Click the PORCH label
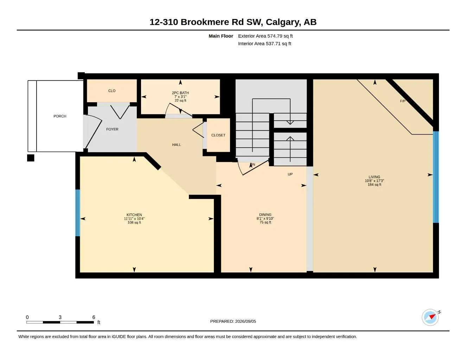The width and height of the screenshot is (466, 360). tap(60, 116)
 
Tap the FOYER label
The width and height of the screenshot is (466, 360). tap(112, 129)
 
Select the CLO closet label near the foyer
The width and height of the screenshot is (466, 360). tap(112, 91)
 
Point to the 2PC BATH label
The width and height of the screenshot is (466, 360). tap(180, 93)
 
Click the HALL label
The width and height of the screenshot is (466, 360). tap(177, 144)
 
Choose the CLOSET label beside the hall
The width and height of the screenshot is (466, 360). tap(218, 135)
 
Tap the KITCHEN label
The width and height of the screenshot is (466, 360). tap(134, 215)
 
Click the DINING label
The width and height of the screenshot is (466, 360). tap(265, 214)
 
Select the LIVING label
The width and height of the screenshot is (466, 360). tap(374, 177)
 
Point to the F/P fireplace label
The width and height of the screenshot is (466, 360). tap(403, 101)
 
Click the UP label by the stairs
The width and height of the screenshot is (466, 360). tap(290, 174)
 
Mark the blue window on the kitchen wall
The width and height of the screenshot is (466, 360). tap(78, 213)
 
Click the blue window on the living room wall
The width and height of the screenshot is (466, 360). tap(436, 177)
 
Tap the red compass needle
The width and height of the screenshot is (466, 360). tap(432, 316)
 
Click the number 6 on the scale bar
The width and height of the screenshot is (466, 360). tap(94, 317)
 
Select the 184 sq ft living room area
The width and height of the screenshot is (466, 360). tap(375, 185)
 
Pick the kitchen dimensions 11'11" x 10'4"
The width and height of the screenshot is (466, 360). tap(134, 219)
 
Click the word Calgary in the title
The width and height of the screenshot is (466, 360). tap(283, 22)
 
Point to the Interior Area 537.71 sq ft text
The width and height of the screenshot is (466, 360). tap(264, 44)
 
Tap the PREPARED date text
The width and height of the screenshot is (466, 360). tap(233, 321)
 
